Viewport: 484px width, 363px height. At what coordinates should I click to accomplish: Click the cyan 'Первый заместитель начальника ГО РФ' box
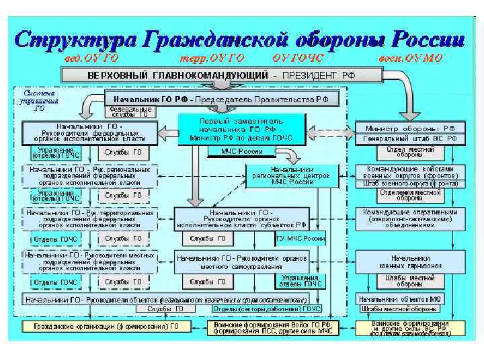(241, 128)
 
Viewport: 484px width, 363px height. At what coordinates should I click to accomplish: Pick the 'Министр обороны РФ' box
(409, 128)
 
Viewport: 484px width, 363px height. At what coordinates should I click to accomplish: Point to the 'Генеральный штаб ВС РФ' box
(409, 138)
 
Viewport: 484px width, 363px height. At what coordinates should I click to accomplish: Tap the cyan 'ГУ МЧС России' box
(300, 238)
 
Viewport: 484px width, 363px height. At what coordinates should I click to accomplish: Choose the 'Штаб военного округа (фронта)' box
(409, 183)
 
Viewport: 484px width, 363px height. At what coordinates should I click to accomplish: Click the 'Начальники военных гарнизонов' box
(409, 261)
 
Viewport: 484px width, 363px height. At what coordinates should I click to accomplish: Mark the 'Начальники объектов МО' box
(401, 298)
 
